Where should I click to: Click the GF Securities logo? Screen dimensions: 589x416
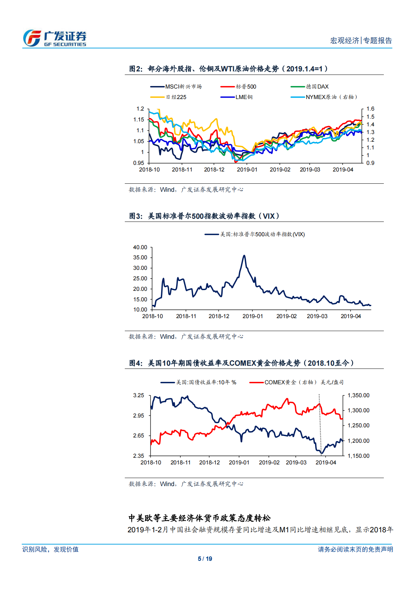pyautogui.click(x=55, y=38)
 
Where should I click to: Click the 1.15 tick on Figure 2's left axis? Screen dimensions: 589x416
pyautogui.click(x=139, y=120)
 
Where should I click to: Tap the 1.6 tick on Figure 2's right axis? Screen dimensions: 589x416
pyautogui.click(x=370, y=109)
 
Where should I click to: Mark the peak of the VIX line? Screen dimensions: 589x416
pyautogui.click(x=244, y=256)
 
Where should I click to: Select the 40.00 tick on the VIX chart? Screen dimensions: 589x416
pyautogui.click(x=140, y=247)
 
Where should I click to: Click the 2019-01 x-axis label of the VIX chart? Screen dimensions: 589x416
pyautogui.click(x=252, y=316)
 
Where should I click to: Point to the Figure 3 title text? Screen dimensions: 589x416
pyautogui.click(x=204, y=216)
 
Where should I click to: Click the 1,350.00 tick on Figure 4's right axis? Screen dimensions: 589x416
pyautogui.click(x=358, y=395)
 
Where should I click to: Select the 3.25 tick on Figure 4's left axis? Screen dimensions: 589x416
pyautogui.click(x=139, y=395)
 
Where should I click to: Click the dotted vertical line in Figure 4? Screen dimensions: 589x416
pyautogui.click(x=320, y=420)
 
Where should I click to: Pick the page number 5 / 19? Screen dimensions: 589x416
pyautogui.click(x=205, y=559)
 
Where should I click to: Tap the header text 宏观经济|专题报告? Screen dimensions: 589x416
pyautogui.click(x=361, y=41)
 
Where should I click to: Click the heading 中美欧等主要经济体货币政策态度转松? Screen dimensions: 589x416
pyautogui.click(x=200, y=518)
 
